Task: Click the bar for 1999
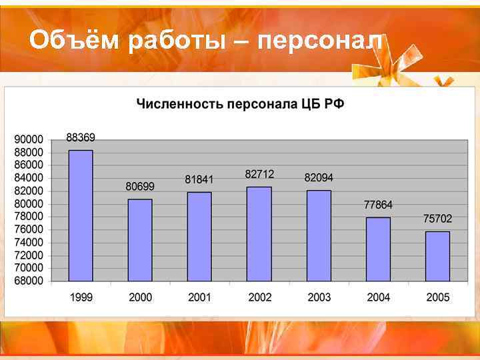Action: pyautogui.click(x=81, y=215)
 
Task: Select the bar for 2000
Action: pyautogui.click(x=140, y=240)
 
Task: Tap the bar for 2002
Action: pyautogui.click(x=259, y=234)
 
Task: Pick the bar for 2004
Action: pyautogui.click(x=378, y=249)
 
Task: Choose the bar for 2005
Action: pyautogui.click(x=437, y=256)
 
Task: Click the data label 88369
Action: pyautogui.click(x=81, y=137)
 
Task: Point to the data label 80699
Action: pyautogui.click(x=140, y=187)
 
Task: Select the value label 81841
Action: pyautogui.click(x=199, y=179)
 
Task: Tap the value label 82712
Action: pyautogui.click(x=259, y=174)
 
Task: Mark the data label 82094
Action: pyautogui.click(x=319, y=178)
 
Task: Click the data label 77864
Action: pyautogui.click(x=378, y=205)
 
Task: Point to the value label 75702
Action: pyautogui.click(x=437, y=219)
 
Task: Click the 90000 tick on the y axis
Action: pyautogui.click(x=28, y=139)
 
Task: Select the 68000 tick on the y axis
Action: pyautogui.click(x=28, y=281)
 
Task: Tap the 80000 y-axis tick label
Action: pyautogui.click(x=28, y=203)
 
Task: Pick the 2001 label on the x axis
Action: pyautogui.click(x=199, y=297)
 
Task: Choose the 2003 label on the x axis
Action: pyautogui.click(x=319, y=297)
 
